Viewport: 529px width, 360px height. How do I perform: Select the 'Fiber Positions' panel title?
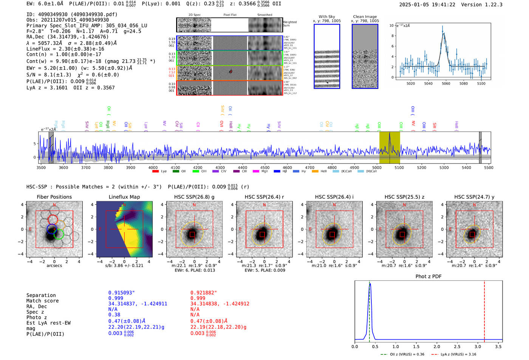(x=54, y=197)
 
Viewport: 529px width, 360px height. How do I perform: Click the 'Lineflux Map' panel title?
(x=124, y=197)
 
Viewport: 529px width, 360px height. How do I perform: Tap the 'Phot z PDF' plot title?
(x=428, y=277)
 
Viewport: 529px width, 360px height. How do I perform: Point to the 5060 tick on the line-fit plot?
(x=446, y=83)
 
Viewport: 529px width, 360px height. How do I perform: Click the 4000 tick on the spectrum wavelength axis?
(x=153, y=168)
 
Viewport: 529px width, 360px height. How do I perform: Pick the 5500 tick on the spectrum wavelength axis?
(x=489, y=168)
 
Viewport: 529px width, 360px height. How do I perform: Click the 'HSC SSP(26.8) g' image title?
(x=194, y=197)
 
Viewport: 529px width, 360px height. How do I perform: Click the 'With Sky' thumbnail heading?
(x=326, y=17)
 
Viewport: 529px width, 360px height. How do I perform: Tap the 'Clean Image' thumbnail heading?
(x=365, y=17)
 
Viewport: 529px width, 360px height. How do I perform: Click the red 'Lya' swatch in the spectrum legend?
(x=155, y=172)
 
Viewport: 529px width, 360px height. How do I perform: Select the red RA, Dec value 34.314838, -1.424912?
(x=220, y=304)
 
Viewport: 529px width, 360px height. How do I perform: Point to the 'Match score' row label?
(x=42, y=301)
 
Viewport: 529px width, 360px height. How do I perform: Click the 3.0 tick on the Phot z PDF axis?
(x=478, y=346)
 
